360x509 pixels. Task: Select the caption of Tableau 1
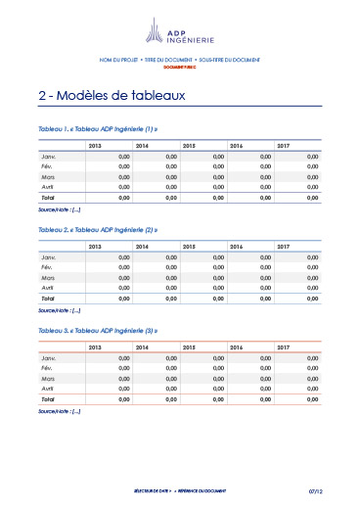(x=98, y=130)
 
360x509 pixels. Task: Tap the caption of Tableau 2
(x=98, y=230)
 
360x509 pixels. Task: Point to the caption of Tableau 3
(x=98, y=331)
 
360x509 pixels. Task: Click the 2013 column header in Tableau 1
(x=95, y=146)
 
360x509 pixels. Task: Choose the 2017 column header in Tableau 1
(x=283, y=146)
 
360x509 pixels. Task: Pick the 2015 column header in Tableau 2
(x=189, y=246)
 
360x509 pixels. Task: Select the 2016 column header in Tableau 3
(x=236, y=347)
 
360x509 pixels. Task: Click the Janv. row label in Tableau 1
(x=48, y=157)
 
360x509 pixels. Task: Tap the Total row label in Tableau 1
(x=48, y=198)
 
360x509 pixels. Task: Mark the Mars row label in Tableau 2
(x=48, y=278)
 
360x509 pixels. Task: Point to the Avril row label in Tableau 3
(x=48, y=389)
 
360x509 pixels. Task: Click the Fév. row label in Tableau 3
(x=48, y=368)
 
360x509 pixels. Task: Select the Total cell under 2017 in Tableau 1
(x=312, y=198)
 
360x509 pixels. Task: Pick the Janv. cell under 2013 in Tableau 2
(x=123, y=257)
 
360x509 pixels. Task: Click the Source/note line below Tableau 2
(x=59, y=310)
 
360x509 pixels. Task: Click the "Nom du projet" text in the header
(x=119, y=61)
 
